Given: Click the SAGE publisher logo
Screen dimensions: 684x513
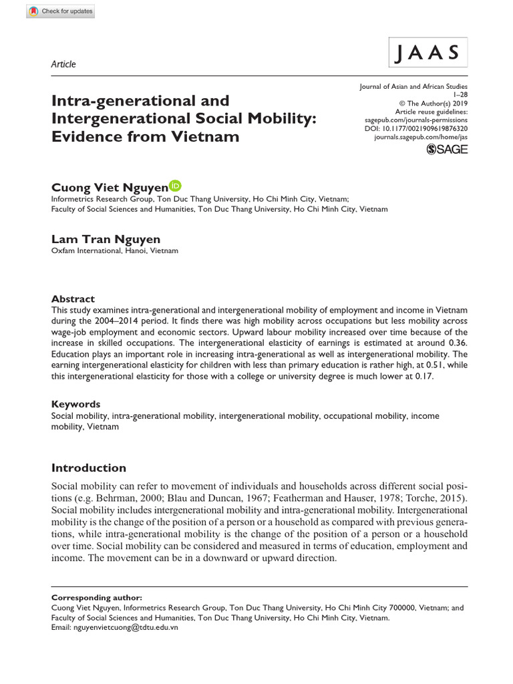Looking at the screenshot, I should [x=447, y=149].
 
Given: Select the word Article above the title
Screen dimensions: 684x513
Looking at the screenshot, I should [x=63, y=64].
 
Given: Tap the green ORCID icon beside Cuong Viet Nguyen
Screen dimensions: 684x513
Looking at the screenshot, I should [x=176, y=186].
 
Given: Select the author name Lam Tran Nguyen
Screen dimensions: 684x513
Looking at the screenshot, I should [x=106, y=238].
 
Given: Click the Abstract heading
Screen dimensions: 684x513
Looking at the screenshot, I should [x=73, y=299].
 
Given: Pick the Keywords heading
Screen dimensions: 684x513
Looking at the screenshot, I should [x=75, y=403].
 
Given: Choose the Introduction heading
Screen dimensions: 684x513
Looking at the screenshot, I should [x=88, y=468].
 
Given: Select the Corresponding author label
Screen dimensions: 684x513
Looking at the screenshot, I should [x=96, y=597].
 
